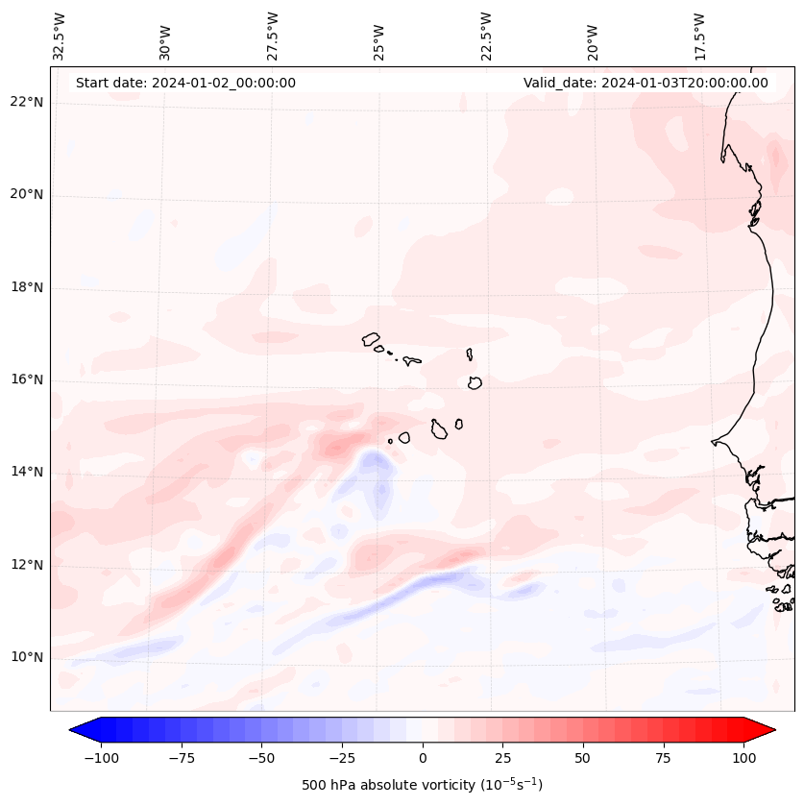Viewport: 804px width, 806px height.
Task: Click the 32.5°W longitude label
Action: coord(60,36)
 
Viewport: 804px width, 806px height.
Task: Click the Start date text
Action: coord(185,83)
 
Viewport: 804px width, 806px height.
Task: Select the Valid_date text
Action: coord(646,83)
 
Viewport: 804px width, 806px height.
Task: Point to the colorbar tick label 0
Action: coord(423,758)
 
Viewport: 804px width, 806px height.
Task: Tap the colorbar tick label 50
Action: coord(582,758)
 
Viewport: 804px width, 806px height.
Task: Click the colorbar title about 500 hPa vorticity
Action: coord(422,785)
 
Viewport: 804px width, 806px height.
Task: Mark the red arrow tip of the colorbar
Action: coord(773,730)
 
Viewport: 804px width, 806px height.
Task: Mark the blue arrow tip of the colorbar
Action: coord(71,730)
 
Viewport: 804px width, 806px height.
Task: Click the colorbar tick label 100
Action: coord(743,758)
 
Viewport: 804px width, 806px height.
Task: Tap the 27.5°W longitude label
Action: coord(273,36)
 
